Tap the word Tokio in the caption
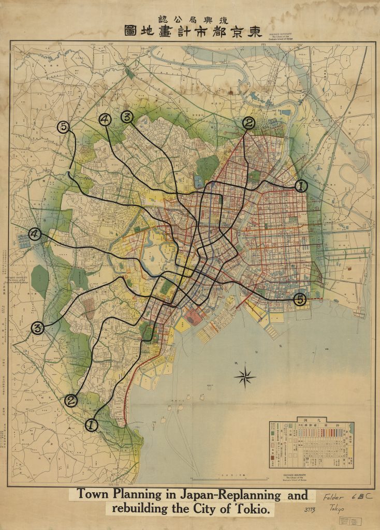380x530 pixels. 250,509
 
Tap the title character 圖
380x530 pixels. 130,31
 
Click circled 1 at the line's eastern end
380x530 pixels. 301,186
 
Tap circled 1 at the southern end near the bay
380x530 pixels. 92,425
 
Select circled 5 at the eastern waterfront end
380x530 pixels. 299,299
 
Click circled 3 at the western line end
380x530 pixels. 37,328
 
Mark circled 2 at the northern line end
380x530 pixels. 249,123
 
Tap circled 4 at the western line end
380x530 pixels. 35,234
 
